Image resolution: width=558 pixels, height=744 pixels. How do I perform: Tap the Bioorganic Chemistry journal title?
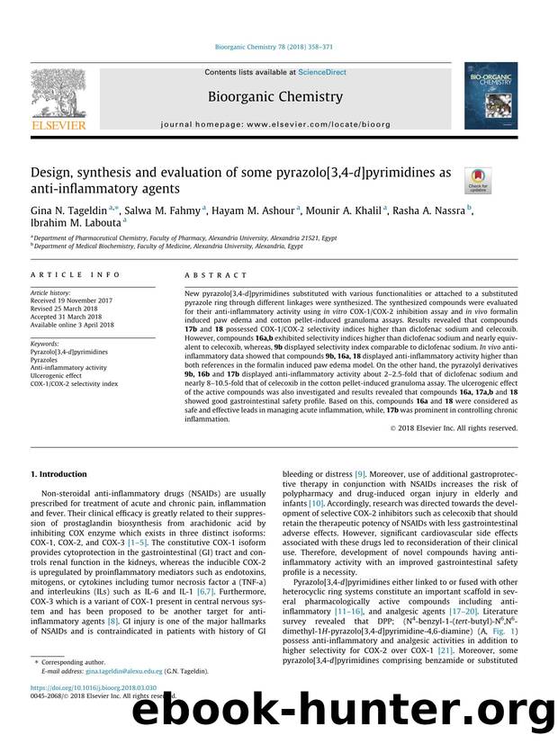tap(274, 96)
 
